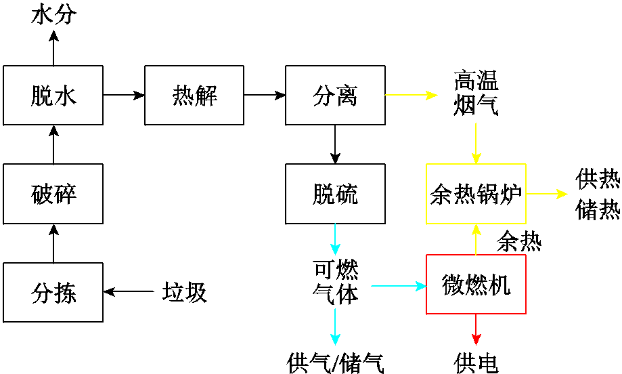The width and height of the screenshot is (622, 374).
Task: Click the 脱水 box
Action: [53, 96]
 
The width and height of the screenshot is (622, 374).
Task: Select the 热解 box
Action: [194, 96]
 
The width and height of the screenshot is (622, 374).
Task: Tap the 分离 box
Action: [335, 96]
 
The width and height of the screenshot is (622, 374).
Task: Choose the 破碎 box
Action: [53, 194]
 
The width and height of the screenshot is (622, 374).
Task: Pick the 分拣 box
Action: [53, 292]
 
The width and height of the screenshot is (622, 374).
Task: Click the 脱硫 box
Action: [335, 194]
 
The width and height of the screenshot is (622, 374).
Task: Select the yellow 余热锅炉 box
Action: [475, 194]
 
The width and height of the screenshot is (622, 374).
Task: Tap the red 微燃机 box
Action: [475, 285]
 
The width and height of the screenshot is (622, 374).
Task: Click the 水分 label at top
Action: [54, 14]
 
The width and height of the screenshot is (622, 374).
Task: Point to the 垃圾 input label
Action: [184, 293]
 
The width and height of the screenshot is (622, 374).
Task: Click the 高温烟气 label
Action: [476, 94]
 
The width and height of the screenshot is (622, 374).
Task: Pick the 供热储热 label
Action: [598, 194]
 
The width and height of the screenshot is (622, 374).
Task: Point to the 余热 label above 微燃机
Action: [518, 241]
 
